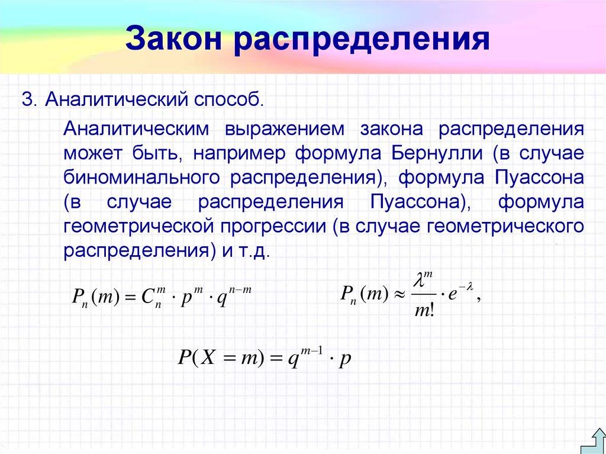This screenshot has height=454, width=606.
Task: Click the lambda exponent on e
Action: (465, 285)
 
